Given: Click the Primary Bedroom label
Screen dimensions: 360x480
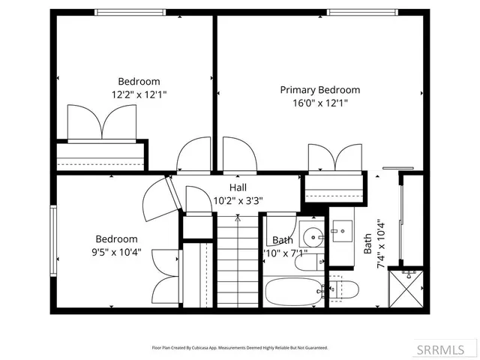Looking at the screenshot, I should click(x=319, y=90).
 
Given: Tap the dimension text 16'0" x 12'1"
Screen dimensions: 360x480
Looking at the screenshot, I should click(x=319, y=103).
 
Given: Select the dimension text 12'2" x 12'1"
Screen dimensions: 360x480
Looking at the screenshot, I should click(x=139, y=95).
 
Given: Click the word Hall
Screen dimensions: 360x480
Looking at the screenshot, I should click(x=238, y=187).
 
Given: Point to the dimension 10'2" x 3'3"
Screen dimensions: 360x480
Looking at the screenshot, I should click(x=238, y=200).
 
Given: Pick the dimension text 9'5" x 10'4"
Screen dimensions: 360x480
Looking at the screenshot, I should click(x=116, y=253).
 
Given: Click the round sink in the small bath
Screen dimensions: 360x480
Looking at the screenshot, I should click(x=310, y=232).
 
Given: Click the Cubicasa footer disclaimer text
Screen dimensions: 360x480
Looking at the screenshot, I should click(x=240, y=348).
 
